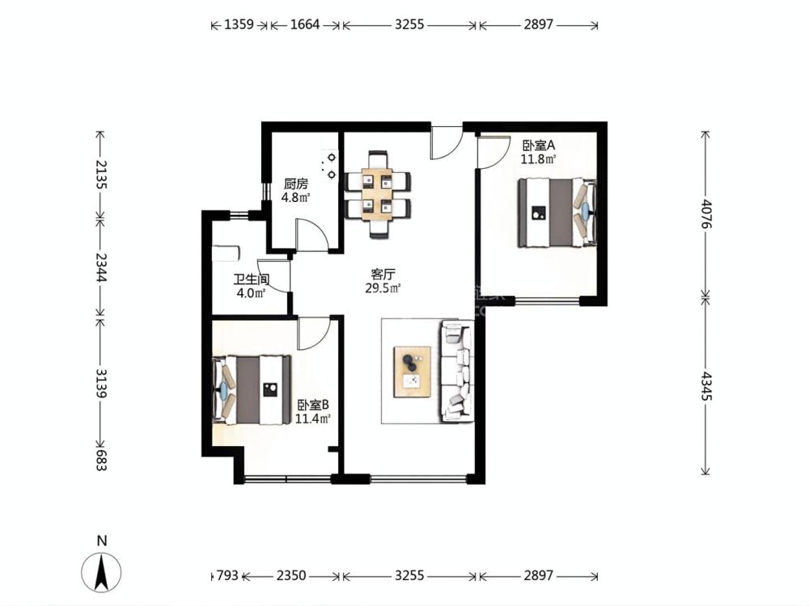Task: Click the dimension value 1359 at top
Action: point(239,24)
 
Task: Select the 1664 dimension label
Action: point(305,24)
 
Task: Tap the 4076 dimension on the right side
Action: point(705,214)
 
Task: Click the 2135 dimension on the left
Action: point(100,175)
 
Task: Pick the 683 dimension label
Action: point(100,459)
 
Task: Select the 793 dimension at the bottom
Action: point(227,575)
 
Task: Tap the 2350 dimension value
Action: point(291,575)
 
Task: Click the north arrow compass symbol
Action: point(102,571)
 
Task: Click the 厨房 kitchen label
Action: point(295,184)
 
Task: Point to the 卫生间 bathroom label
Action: point(252,280)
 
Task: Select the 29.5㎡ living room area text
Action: point(383,288)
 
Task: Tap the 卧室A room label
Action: point(538,145)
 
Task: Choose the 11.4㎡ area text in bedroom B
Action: point(312,419)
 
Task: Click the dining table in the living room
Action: point(379,194)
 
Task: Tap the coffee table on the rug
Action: point(413,372)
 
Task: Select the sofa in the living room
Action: point(456,370)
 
